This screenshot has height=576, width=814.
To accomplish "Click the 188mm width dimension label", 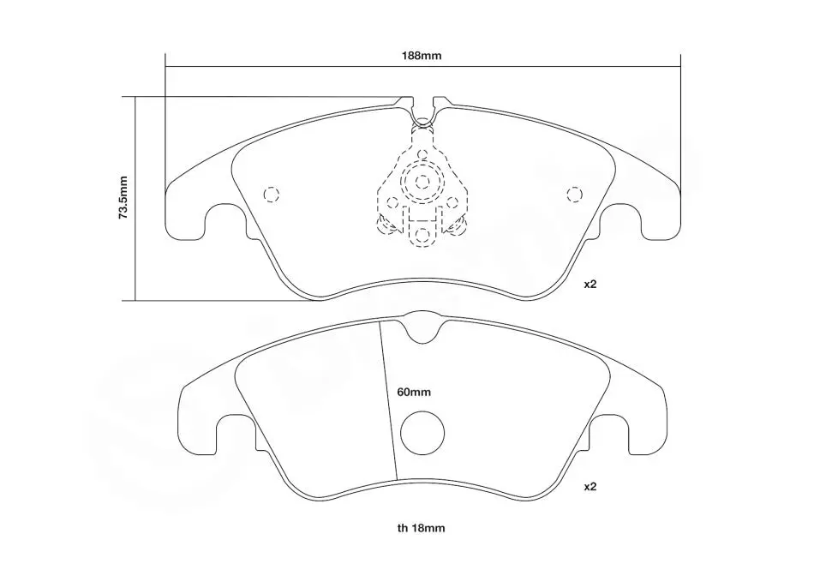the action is click(x=422, y=56).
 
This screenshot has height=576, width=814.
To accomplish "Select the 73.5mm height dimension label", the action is click(x=123, y=197).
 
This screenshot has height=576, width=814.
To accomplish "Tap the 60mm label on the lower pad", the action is click(x=414, y=392).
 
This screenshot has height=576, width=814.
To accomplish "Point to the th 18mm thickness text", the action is click(x=421, y=528).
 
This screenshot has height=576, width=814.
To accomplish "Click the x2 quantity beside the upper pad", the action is click(x=590, y=284).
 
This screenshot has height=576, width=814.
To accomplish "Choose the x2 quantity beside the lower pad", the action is click(x=590, y=487).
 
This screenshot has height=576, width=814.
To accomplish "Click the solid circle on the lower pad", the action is click(x=422, y=433).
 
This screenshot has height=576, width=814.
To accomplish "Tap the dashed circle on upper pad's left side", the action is click(x=272, y=195).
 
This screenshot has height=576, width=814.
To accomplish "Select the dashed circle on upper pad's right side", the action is click(x=574, y=195).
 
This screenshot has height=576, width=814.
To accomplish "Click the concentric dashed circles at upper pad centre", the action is click(x=422, y=182).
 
